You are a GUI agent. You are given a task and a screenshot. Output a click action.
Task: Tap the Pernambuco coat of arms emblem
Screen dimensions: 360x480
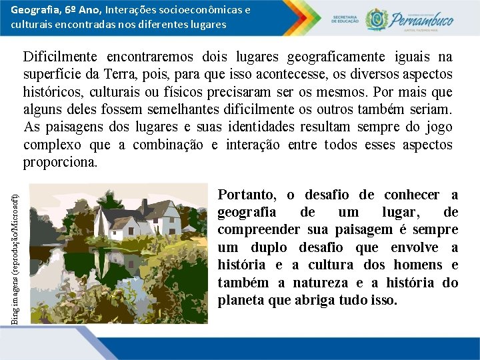click(377, 19)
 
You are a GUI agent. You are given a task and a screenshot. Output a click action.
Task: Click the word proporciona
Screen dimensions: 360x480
click(60, 162)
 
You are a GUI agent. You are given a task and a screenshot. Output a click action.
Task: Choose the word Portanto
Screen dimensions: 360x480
click(247, 195)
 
